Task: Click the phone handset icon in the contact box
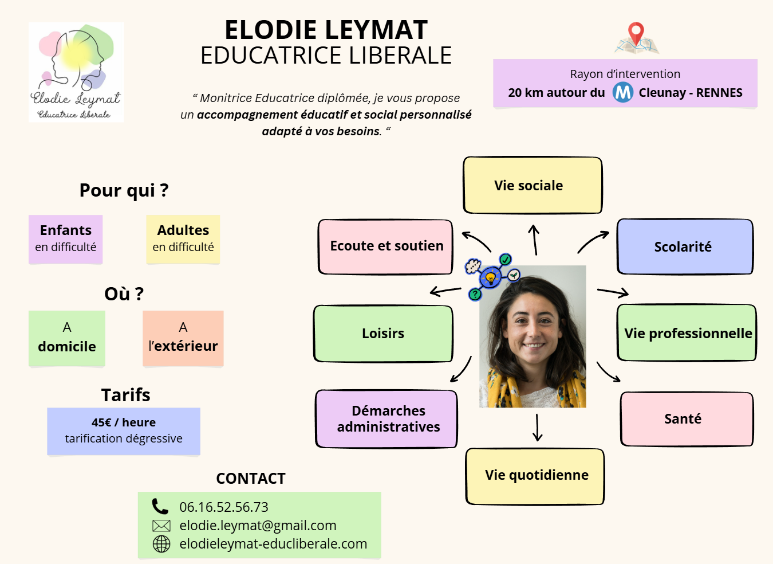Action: click(x=160, y=507)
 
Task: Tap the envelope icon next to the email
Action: click(x=161, y=526)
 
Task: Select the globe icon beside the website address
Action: click(x=161, y=544)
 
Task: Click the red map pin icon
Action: click(x=636, y=33)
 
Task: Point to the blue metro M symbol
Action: click(x=622, y=92)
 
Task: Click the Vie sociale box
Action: click(x=532, y=185)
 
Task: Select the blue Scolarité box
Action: click(x=684, y=246)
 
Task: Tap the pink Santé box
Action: click(x=686, y=419)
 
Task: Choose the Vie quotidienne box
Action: click(x=535, y=476)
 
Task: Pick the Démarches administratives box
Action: click(x=387, y=419)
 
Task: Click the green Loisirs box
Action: click(x=383, y=334)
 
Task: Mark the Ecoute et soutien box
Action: click(x=385, y=246)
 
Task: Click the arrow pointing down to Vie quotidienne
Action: click(x=537, y=428)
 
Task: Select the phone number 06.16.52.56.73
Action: click(x=224, y=507)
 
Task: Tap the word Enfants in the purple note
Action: click(x=66, y=230)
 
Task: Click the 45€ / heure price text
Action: click(x=124, y=422)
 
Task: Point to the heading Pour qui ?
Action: click(x=124, y=190)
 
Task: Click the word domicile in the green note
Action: click(x=67, y=347)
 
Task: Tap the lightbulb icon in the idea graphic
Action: click(x=490, y=278)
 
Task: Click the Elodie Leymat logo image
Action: click(x=76, y=72)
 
